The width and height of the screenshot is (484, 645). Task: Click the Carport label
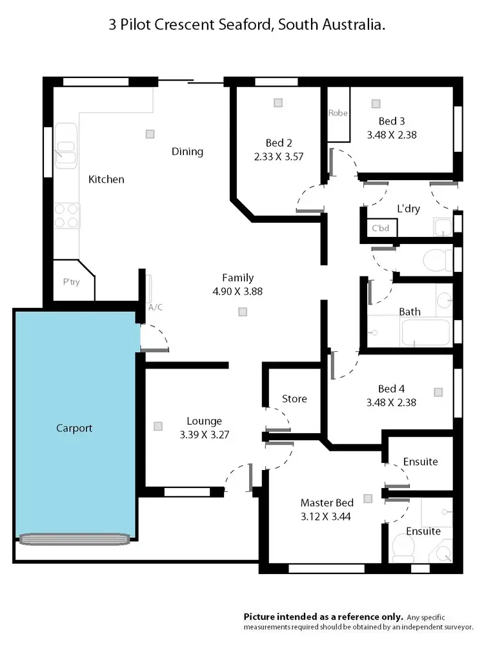click(74, 428)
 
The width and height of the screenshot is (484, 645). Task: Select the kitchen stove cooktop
click(66, 216)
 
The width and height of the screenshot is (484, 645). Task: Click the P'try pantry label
click(71, 282)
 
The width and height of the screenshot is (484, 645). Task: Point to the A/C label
click(155, 307)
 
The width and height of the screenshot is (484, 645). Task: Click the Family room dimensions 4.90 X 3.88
click(237, 291)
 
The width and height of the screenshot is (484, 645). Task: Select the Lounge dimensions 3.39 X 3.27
click(204, 435)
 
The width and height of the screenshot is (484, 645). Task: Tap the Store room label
click(294, 399)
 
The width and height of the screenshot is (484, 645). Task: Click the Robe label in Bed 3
click(338, 113)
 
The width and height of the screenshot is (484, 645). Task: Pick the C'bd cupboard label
click(378, 229)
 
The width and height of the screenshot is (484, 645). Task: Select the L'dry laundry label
click(408, 209)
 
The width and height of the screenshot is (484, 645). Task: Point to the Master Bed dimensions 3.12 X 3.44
click(327, 517)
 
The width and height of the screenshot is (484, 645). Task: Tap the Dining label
click(187, 152)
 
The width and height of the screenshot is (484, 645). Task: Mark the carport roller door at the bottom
click(75, 538)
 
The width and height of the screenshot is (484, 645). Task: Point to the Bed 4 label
click(391, 389)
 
